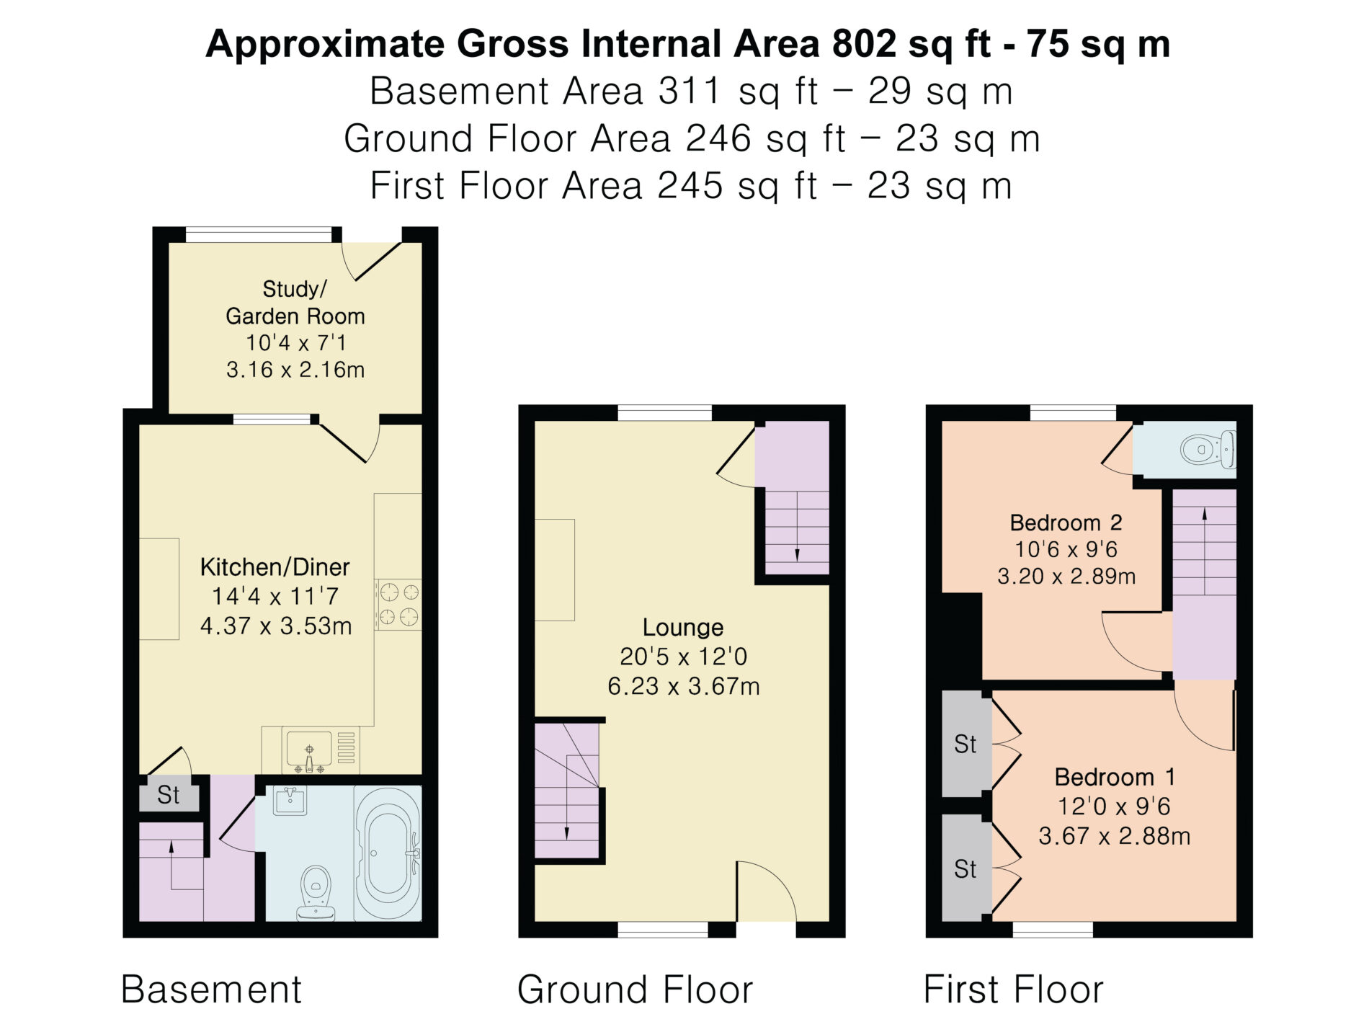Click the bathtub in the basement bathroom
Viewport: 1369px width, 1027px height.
388,854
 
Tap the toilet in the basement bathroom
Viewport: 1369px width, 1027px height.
316,893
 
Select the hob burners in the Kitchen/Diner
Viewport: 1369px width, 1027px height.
398,604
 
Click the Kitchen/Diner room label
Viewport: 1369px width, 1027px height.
275,566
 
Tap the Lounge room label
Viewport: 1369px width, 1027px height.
682,627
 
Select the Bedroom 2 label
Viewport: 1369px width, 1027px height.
1066,522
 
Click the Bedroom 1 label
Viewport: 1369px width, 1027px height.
1115,776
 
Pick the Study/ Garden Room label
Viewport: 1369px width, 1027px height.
295,302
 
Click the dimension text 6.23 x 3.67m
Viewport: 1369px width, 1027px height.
683,685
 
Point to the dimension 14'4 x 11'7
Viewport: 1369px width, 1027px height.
275,596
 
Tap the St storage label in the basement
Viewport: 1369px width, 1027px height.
168,794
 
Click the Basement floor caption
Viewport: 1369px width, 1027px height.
211,989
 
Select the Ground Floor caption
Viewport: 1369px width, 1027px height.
635,989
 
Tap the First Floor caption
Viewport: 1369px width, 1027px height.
1013,989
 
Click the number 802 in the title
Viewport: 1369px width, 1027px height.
864,43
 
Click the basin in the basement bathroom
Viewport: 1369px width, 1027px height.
290,800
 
